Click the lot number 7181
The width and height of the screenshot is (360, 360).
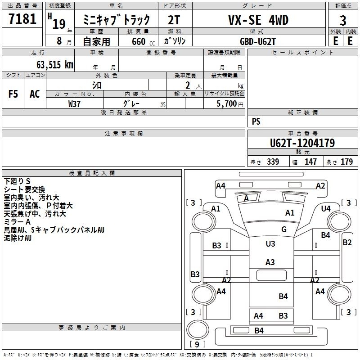point(22,19)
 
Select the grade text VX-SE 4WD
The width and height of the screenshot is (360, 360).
point(258,20)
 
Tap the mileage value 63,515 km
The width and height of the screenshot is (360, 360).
point(54,65)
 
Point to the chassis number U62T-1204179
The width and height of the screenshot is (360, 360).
point(302,143)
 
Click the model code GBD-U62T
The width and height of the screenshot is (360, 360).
point(257,41)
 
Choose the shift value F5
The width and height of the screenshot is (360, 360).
point(13,94)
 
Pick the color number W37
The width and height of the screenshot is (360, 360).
point(74,104)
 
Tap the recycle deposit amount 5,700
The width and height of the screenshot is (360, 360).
point(226,104)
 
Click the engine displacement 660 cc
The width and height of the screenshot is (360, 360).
point(143,41)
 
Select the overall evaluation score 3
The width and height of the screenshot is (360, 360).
point(343,21)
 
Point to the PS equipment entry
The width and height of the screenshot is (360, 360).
point(256,121)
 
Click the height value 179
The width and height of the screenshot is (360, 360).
point(346,162)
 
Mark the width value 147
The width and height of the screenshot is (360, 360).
point(310,162)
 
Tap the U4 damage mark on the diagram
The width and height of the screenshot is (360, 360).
point(326,209)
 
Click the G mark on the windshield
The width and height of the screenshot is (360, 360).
point(284,229)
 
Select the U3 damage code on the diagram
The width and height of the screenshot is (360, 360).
point(270,243)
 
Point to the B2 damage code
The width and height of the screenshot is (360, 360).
point(347,243)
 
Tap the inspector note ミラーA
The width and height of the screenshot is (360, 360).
point(17,222)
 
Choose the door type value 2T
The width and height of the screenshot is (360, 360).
point(174,20)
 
